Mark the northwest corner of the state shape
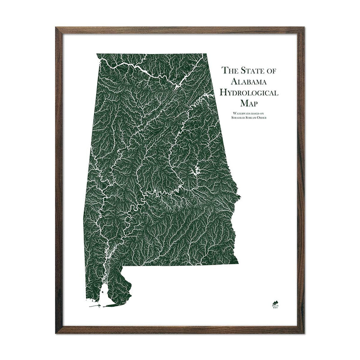coord(97,54)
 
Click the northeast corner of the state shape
coord(207,54)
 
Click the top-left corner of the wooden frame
coord(57,28)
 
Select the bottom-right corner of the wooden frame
coord(303,332)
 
